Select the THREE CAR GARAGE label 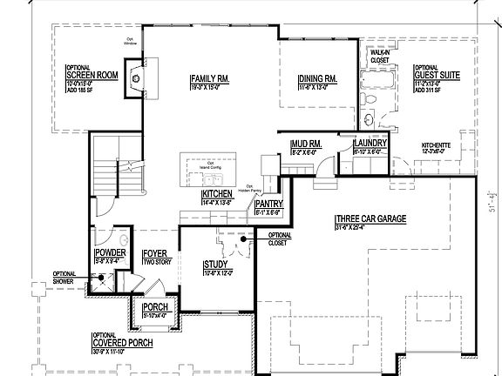pyautogui.click(x=370, y=220)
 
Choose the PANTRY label pyautogui.click(x=268, y=205)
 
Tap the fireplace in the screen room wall pyautogui.click(x=135, y=77)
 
